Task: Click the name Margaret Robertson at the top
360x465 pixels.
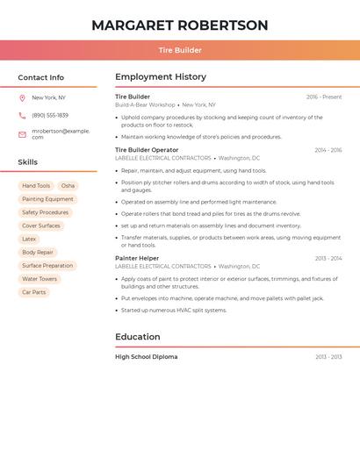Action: click(180, 25)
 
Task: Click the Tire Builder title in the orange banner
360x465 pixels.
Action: click(180, 50)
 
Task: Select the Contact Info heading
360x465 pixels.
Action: click(41, 77)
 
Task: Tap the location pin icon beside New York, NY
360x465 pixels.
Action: click(22, 98)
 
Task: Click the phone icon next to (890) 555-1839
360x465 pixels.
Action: click(22, 116)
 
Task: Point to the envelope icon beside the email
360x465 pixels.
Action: click(22, 134)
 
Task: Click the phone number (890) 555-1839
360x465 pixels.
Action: click(50, 116)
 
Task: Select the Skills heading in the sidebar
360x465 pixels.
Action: click(28, 162)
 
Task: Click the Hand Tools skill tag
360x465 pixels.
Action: click(36, 186)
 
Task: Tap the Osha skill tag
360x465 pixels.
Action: click(68, 186)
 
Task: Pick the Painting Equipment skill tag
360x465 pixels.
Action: click(47, 199)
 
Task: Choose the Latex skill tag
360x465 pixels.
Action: click(29, 239)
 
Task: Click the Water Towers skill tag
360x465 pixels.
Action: click(40, 279)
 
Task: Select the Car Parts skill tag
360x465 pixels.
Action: click(34, 292)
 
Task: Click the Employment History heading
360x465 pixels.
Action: click(161, 77)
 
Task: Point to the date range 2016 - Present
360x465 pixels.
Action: click(324, 97)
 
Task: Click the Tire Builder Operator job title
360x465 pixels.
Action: click(147, 150)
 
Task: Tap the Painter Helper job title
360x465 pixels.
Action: click(137, 258)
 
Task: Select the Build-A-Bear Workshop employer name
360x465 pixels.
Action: click(145, 105)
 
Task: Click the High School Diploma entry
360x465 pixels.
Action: click(146, 357)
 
